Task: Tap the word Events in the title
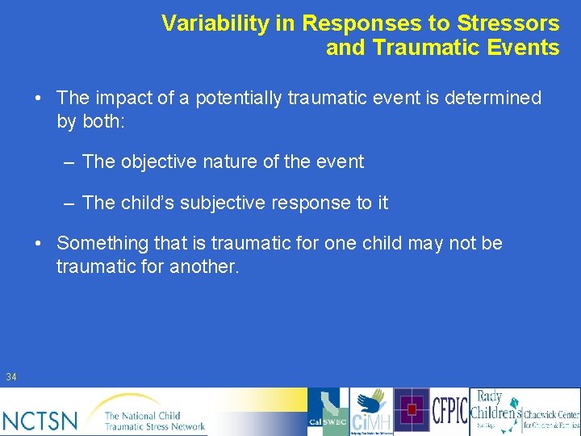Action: point(524,48)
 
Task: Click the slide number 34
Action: point(11,377)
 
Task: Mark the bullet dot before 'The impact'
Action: point(39,99)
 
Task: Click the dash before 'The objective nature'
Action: point(70,162)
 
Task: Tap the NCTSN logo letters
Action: point(40,420)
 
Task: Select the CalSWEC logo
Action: point(328,412)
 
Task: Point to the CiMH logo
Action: point(371,412)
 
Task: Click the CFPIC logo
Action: point(449,412)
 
